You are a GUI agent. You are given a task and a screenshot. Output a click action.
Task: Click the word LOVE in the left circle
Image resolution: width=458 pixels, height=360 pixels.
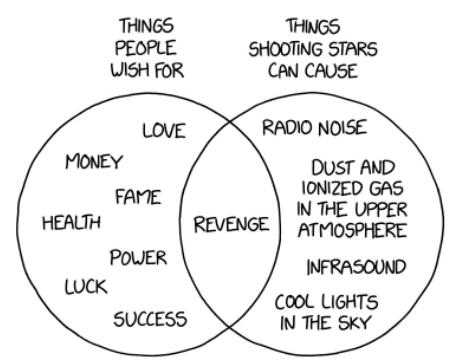pos(164,130)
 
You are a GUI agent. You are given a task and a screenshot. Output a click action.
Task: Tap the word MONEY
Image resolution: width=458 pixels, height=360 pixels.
pos(94,162)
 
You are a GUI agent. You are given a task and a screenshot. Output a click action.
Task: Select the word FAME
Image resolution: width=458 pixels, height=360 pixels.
pos(138,196)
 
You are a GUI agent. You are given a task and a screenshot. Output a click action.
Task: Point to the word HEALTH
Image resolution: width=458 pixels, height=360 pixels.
pos(71,223)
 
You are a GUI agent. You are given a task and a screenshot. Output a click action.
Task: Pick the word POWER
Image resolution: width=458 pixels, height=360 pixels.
pos(138,258)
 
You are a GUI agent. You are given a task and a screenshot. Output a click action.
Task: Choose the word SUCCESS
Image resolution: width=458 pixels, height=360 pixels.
pos(150,318)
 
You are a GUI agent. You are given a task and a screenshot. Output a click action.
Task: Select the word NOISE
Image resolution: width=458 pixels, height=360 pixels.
pos(343,128)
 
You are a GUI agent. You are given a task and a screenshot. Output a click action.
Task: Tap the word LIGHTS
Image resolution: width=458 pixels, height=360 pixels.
pos(348,303)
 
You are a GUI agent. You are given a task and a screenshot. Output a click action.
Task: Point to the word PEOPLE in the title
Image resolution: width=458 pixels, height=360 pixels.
pos(145,50)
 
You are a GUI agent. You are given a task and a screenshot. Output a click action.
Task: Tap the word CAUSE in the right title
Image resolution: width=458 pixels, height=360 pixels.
pos(335,71)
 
